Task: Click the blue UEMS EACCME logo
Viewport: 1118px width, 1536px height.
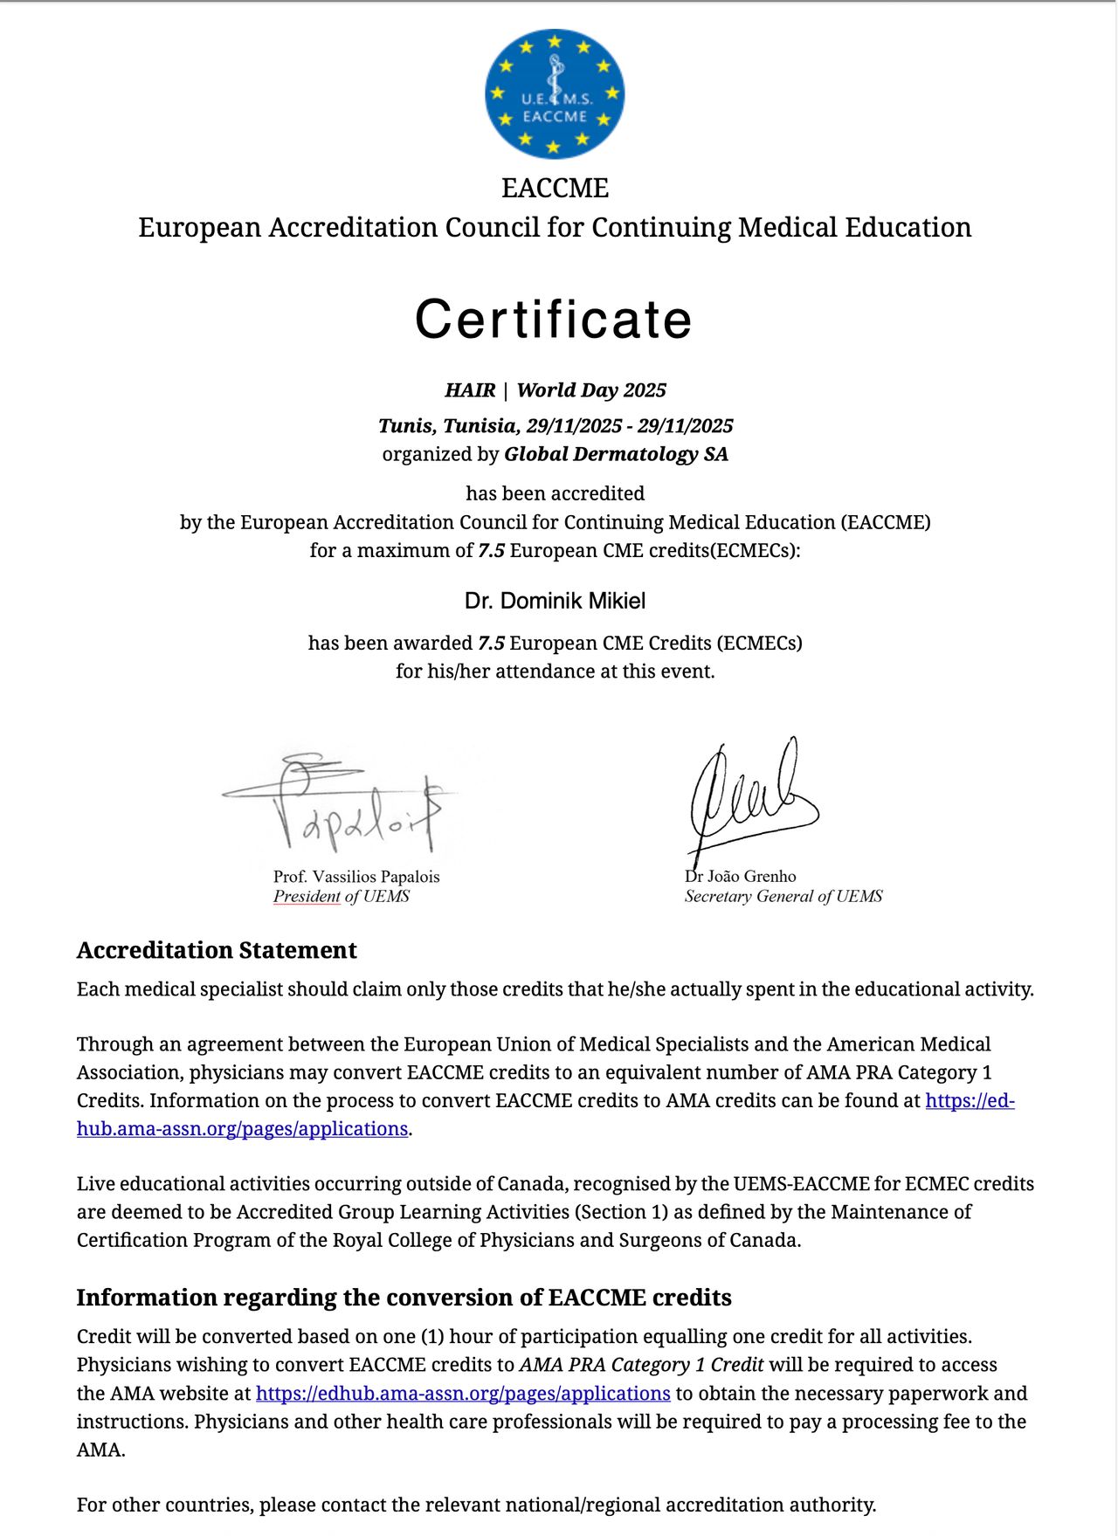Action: (555, 93)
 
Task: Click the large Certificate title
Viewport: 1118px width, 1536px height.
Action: (554, 319)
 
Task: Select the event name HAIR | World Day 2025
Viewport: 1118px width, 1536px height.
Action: (556, 390)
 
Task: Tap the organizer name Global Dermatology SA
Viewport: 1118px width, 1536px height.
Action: (616, 454)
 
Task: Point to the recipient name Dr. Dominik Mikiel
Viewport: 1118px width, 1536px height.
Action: (556, 601)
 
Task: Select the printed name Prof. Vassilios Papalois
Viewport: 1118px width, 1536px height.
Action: (356, 877)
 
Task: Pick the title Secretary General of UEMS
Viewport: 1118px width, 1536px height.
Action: (783, 897)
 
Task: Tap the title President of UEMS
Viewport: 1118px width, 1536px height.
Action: (342, 897)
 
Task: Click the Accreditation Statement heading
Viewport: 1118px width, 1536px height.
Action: (217, 950)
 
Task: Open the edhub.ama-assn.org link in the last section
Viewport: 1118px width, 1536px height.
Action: (463, 1394)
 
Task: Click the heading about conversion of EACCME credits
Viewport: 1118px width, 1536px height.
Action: (404, 1298)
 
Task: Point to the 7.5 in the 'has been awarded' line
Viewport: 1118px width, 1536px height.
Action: (491, 644)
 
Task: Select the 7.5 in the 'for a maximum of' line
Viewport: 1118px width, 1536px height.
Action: (491, 551)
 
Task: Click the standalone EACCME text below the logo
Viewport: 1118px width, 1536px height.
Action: (555, 188)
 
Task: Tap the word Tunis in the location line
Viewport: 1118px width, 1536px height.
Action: (405, 426)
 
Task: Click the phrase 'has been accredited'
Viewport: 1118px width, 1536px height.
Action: (556, 493)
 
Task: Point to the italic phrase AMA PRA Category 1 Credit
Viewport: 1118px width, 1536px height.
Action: (642, 1365)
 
